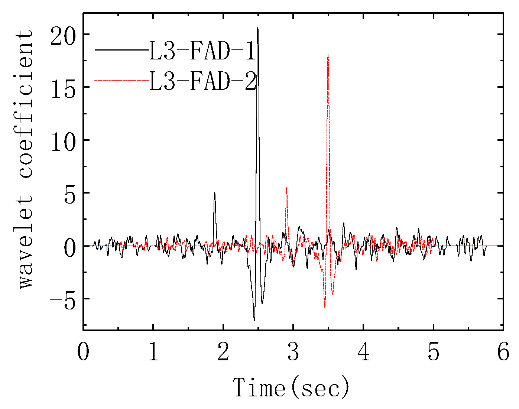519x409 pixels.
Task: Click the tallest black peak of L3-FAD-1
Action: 257,28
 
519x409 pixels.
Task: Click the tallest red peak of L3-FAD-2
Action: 328,55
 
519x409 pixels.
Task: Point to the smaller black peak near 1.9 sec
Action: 214,193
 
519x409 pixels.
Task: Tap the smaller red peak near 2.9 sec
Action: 286,188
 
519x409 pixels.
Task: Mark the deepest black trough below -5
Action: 254,319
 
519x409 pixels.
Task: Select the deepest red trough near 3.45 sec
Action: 324,307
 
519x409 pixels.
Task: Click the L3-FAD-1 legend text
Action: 202,51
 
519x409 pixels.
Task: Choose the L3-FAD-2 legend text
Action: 202,81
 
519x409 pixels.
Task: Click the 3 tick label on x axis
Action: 293,351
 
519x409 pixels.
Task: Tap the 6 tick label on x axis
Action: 503,351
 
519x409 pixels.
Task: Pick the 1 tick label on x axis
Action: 153,351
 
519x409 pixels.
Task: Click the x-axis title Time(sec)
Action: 291,387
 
